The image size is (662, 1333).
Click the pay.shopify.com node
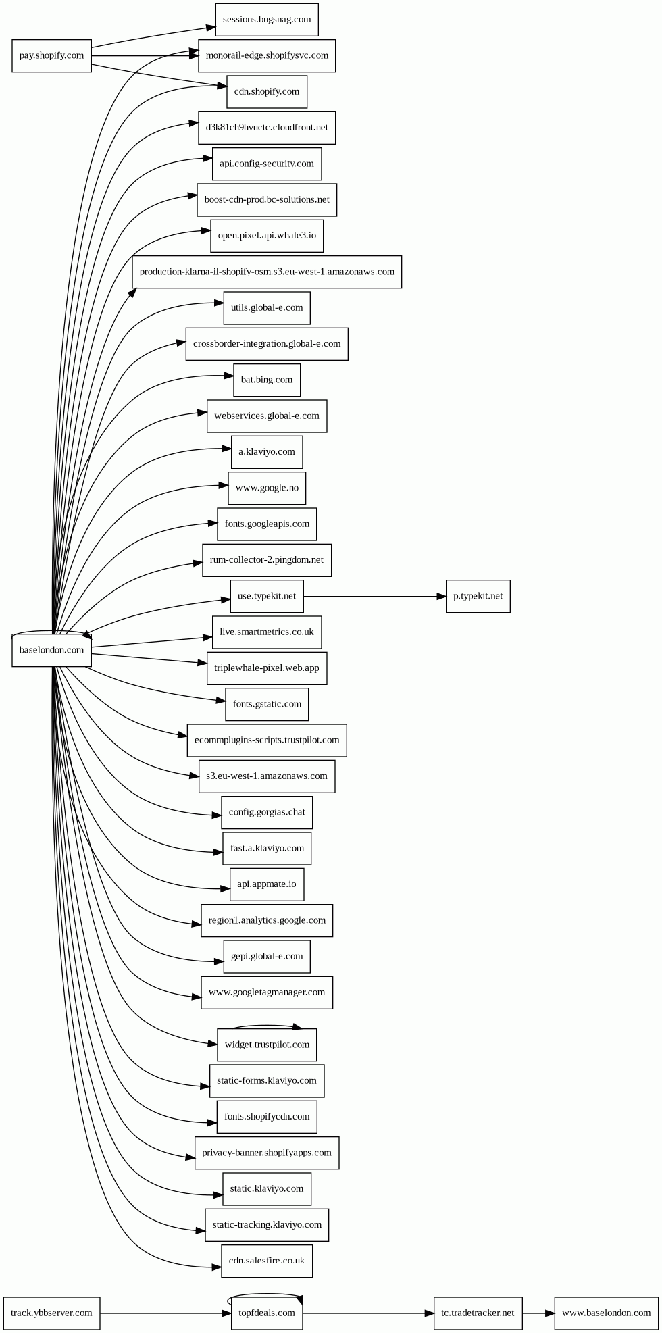[x=51, y=55]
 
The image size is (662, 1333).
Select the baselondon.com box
[x=51, y=650]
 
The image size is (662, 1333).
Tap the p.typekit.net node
[x=478, y=596]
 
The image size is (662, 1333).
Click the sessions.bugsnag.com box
[x=267, y=20]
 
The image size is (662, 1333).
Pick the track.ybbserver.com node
[x=51, y=1313]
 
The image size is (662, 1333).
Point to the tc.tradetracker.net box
[x=478, y=1313]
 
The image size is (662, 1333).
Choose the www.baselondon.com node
[x=606, y=1313]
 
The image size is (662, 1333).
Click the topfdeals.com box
[x=267, y=1313]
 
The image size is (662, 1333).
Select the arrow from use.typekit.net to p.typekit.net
[x=375, y=597]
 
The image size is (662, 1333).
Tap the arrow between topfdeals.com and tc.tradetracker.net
[x=368, y=1313]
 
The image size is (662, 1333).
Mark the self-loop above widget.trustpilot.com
[x=267, y=1025]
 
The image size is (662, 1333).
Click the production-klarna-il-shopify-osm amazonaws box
[x=267, y=272]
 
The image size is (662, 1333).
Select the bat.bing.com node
[x=267, y=380]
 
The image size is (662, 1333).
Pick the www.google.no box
[x=267, y=488]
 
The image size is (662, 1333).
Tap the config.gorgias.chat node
[x=267, y=812]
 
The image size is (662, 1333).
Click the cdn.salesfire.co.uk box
[x=267, y=1261]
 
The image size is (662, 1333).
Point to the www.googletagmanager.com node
[x=267, y=992]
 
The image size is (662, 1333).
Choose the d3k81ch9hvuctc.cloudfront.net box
[x=267, y=128]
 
